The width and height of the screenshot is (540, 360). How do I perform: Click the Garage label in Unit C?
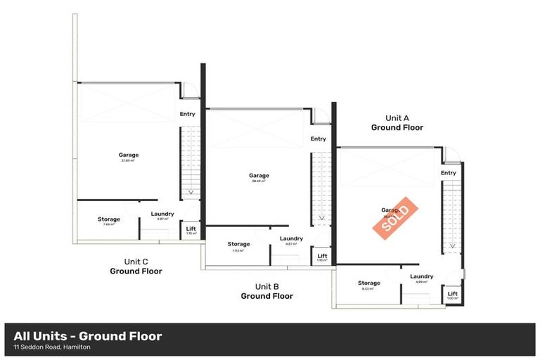click(128, 155)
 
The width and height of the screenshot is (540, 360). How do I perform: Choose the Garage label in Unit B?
click(259, 176)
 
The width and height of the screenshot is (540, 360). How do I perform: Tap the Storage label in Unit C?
click(109, 219)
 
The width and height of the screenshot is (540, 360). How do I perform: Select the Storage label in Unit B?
click(239, 244)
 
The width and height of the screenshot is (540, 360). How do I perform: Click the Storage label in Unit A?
click(369, 283)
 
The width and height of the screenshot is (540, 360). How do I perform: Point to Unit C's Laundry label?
click(162, 214)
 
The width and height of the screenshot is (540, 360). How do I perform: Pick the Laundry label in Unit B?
click(291, 238)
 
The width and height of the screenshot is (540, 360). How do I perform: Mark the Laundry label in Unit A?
click(422, 276)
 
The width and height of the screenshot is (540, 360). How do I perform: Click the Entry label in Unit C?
click(187, 114)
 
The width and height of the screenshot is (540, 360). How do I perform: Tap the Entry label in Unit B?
click(318, 139)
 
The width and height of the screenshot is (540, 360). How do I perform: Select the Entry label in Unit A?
click(448, 173)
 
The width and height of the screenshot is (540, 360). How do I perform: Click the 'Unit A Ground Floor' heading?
click(397, 123)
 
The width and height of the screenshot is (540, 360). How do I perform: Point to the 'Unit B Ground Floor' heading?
click(266, 291)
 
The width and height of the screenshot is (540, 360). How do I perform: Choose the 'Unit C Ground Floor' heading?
click(136, 266)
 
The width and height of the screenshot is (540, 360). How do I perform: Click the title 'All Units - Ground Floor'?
click(88, 336)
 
